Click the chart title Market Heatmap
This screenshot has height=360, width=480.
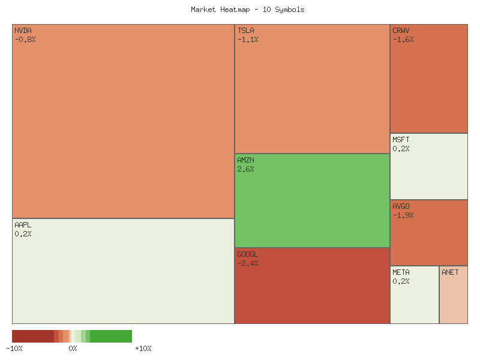[248, 10]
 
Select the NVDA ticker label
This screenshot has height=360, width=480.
[23, 31]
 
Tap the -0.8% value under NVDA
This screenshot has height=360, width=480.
[25, 40]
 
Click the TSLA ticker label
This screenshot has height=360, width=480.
[245, 31]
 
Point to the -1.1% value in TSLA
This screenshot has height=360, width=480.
[247, 40]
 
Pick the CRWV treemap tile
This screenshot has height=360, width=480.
[429, 84]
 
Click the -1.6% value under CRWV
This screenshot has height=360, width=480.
[403, 40]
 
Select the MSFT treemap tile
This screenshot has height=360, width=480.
[429, 171]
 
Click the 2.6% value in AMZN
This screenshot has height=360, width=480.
[245, 169]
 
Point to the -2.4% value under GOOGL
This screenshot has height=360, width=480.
[247, 263]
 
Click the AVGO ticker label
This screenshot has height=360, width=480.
[401, 206]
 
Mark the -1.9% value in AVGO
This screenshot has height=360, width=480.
[403, 215]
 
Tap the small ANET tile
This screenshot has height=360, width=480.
[454, 297]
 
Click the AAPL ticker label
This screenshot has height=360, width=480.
[23, 225]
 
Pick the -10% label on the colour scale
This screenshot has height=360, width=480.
[14, 349]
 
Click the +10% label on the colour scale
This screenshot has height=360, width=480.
[143, 349]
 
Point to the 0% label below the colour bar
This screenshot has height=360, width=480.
[73, 349]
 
